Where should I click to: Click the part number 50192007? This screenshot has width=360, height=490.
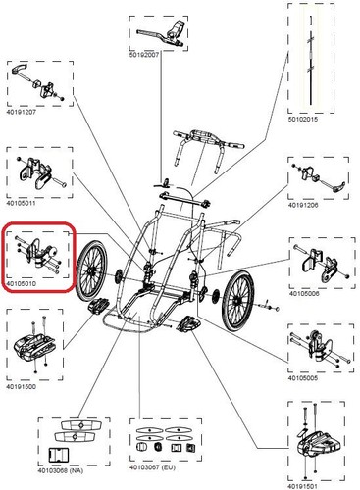144,55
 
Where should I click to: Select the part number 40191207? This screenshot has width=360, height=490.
22,112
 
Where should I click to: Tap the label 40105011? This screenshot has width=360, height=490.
22,203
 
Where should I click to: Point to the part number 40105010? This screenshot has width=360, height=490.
22,284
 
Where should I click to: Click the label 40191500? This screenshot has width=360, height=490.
22,387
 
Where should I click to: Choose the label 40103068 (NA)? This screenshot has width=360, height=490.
61,470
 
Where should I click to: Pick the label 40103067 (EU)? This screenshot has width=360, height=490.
152,467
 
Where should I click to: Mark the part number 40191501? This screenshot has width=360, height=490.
302,487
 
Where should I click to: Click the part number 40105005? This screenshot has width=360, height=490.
302,378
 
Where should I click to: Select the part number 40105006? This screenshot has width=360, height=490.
304,294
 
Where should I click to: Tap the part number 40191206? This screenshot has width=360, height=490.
303,206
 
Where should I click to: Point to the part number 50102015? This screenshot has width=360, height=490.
303,120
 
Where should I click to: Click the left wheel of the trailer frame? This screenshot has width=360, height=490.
91,271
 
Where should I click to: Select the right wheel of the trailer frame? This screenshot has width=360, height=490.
237,300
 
